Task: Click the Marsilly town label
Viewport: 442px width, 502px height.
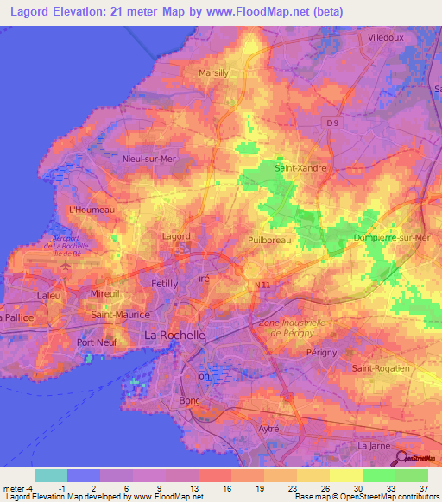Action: click(x=213, y=73)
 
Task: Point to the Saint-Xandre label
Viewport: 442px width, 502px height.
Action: click(x=300, y=168)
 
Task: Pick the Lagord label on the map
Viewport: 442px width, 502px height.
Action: click(x=176, y=235)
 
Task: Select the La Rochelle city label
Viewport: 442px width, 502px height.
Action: click(x=174, y=335)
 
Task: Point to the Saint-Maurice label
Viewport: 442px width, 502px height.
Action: click(x=122, y=315)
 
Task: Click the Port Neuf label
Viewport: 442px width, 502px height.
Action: click(x=97, y=342)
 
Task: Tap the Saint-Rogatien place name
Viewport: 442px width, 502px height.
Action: click(x=381, y=368)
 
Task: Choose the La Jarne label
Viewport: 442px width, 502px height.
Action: click(x=375, y=446)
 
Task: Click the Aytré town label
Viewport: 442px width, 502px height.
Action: click(x=270, y=428)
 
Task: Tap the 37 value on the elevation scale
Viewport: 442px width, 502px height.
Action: click(x=423, y=487)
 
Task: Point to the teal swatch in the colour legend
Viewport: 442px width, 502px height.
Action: click(x=50, y=475)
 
